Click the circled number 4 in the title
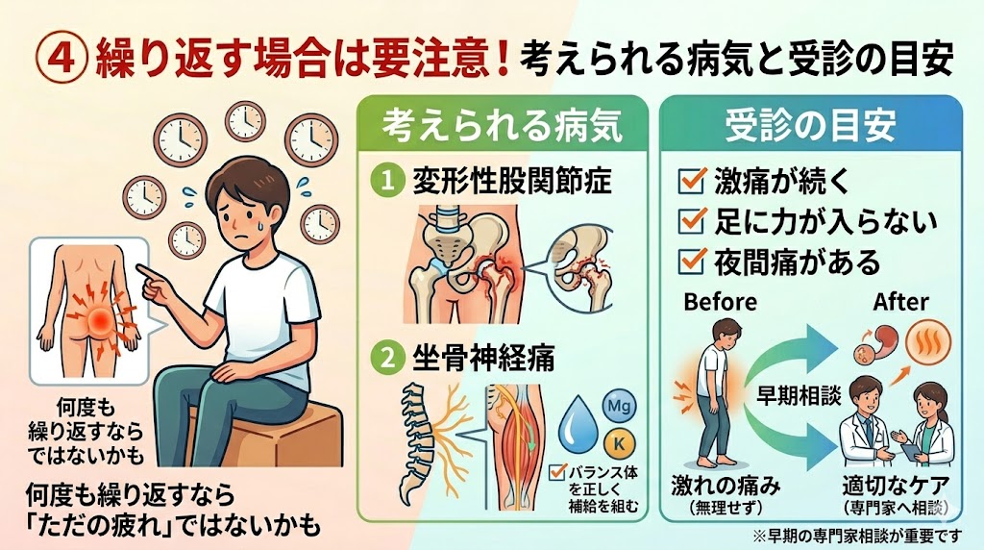(x=61, y=59)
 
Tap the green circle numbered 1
(x=388, y=182)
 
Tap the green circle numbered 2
(x=389, y=359)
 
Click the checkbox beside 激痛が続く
(x=692, y=181)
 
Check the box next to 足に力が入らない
(x=692, y=221)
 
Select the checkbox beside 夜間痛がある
(x=692, y=262)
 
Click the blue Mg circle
(x=619, y=406)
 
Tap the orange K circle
(x=619, y=444)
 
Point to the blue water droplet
(x=578, y=424)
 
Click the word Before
(x=721, y=302)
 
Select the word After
(x=900, y=302)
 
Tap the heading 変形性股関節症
(x=511, y=182)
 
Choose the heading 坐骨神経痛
(x=483, y=359)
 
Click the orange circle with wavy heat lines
(x=929, y=342)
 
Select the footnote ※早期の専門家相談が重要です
(x=856, y=536)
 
